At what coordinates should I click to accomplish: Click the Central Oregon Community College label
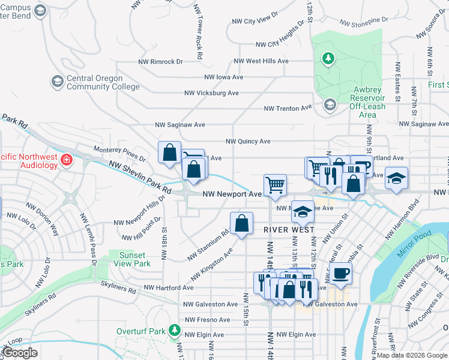(x=95, y=82)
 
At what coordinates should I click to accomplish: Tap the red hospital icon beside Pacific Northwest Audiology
(x=66, y=160)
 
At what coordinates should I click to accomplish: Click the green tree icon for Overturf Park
(x=174, y=329)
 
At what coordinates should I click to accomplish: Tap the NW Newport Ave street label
(x=232, y=194)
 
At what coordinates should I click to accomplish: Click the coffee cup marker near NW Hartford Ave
(x=341, y=273)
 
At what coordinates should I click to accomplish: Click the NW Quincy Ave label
(x=248, y=142)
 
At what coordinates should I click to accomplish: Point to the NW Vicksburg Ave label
(x=211, y=93)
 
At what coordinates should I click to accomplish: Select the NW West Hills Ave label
(x=261, y=61)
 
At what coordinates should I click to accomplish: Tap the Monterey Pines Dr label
(x=119, y=152)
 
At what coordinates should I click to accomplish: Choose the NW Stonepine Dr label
(x=364, y=22)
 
